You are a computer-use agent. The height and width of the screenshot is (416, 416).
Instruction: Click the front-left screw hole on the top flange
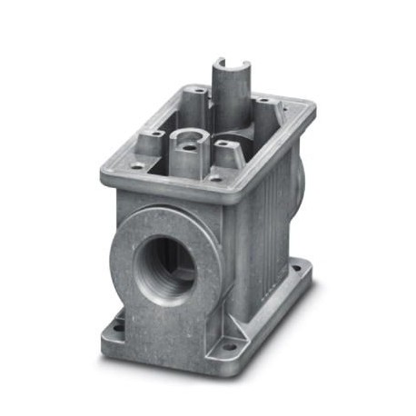pos(136,166)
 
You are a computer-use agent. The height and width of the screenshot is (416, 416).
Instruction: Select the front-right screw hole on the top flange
pos(215,178)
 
